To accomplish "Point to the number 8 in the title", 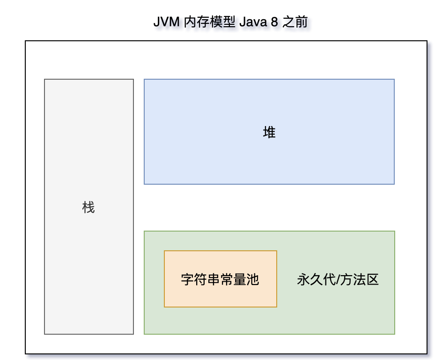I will pos(275,22).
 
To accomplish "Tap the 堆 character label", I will pos(269,133).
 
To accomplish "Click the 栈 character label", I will pos(88,207).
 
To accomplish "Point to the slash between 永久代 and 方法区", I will pos(337,280).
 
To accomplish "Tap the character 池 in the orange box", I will pos(253,280).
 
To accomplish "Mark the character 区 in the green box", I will pos(373,280).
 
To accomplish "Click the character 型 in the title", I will pos(229,22).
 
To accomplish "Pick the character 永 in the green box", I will pos(303,280).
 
